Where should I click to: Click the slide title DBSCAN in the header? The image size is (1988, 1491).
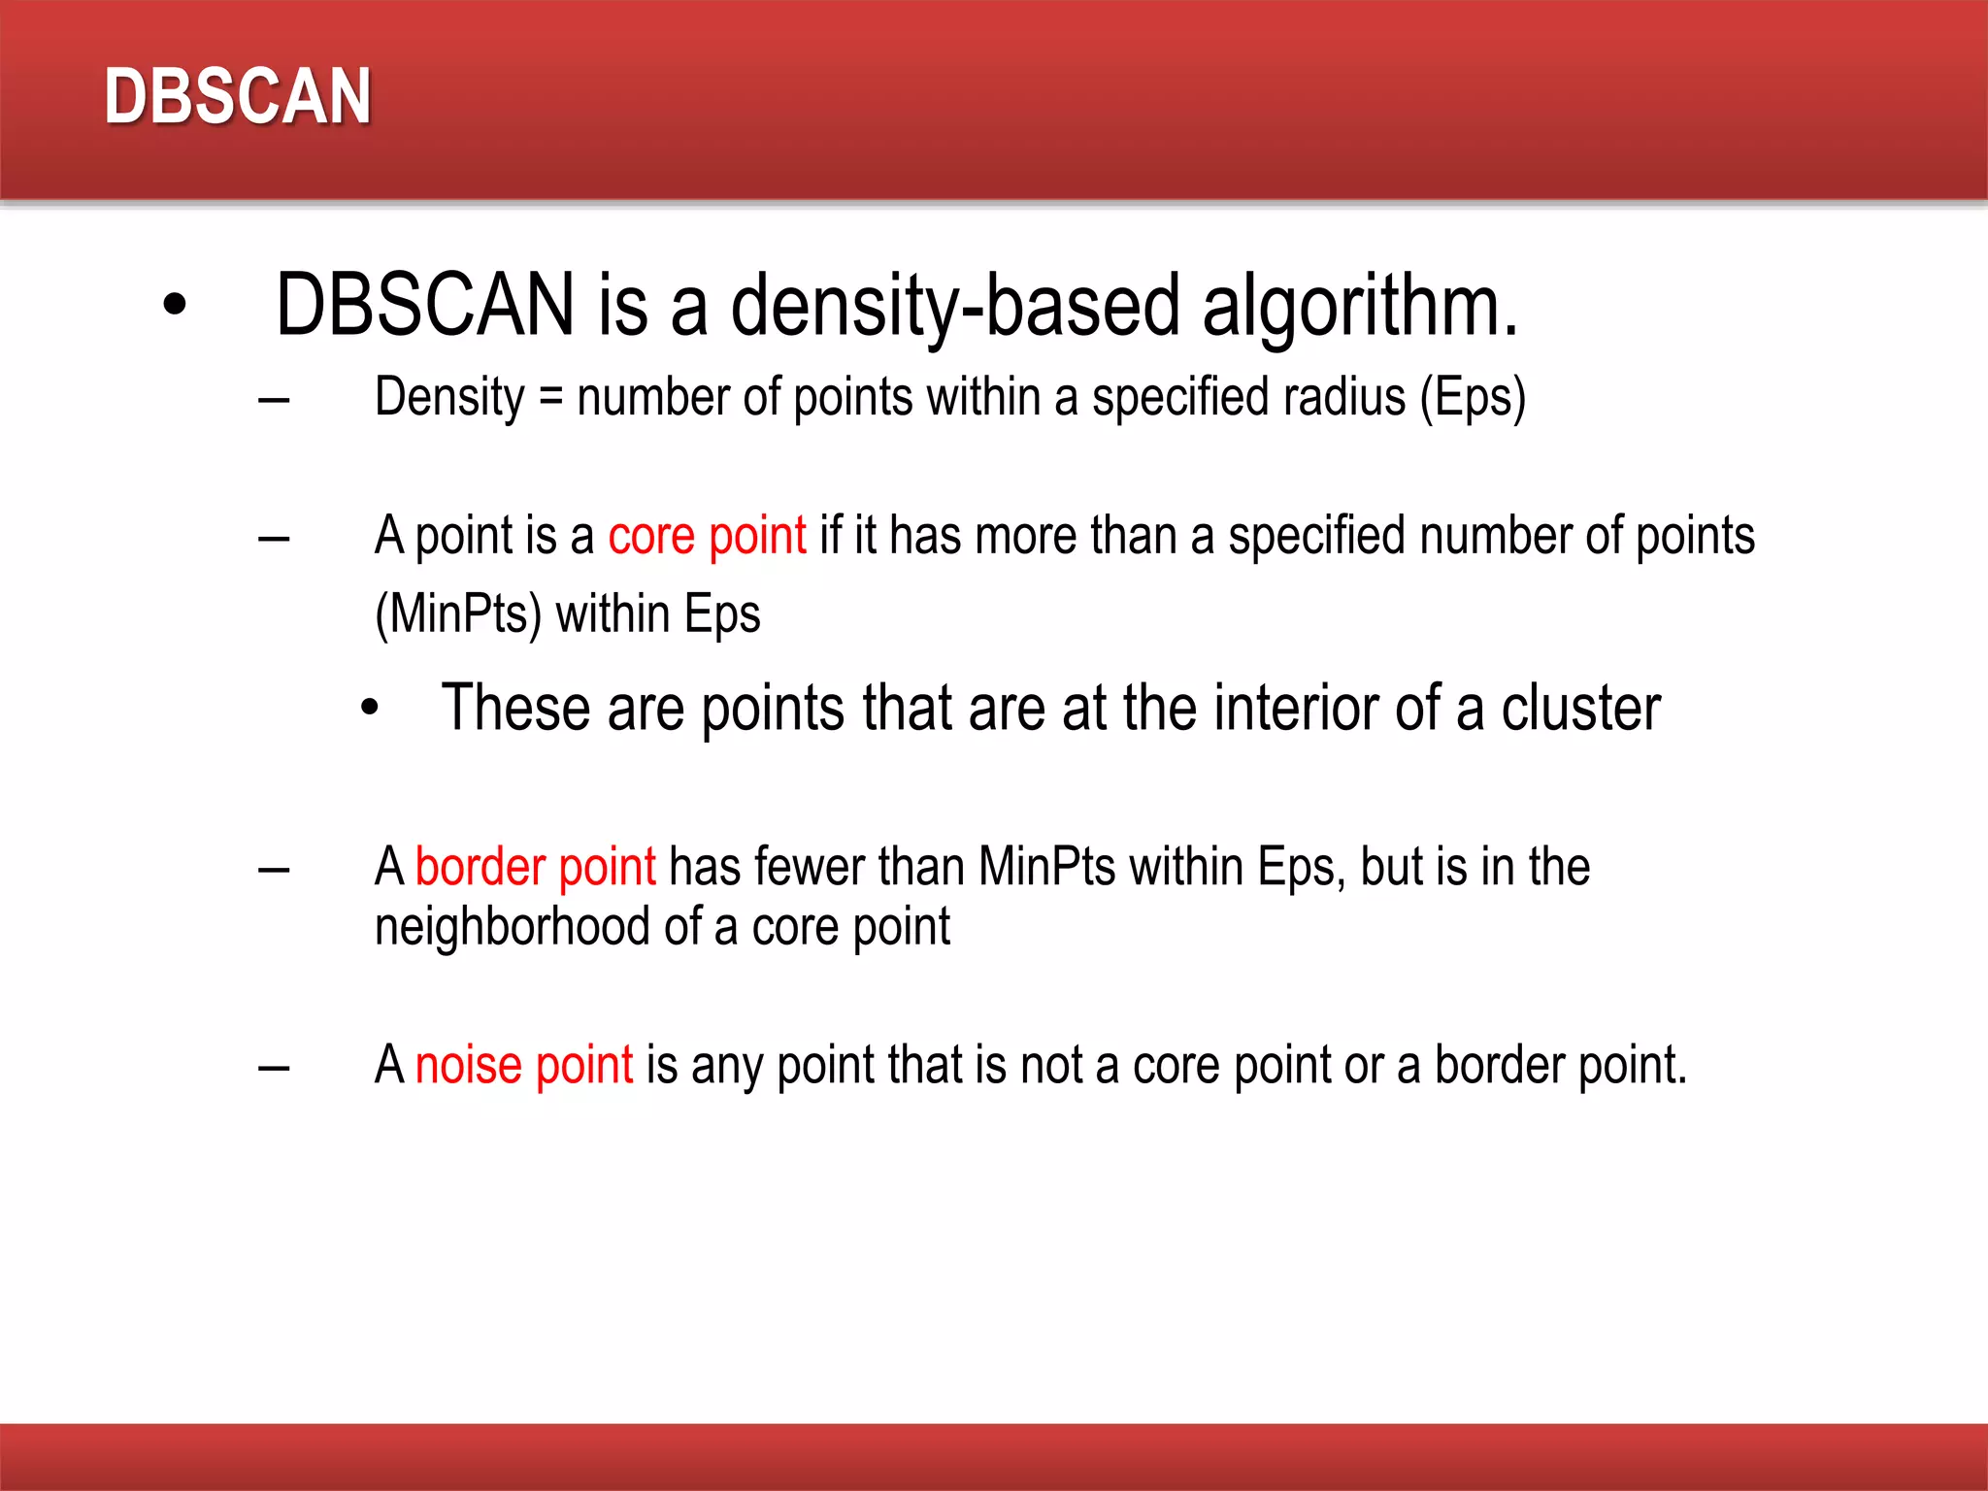[x=238, y=96]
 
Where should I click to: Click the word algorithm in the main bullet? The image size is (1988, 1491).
[x=1359, y=307]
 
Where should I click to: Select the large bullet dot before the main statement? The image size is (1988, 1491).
[x=175, y=305]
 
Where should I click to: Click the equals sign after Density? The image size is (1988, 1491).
[x=550, y=397]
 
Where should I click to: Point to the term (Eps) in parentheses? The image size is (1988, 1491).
[x=1473, y=397]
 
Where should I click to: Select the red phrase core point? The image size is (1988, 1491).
[x=707, y=536]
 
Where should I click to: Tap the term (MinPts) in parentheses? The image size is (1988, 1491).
[x=458, y=614]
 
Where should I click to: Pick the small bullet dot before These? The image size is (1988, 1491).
[x=369, y=708]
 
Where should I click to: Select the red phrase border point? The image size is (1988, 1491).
[x=535, y=867]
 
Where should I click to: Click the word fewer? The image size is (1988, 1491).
[x=809, y=867]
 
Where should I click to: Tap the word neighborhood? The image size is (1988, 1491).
[x=513, y=927]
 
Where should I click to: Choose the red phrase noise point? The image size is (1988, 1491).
[x=523, y=1065]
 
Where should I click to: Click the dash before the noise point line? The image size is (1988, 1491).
[x=274, y=1068]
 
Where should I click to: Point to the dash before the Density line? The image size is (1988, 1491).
[x=274, y=399]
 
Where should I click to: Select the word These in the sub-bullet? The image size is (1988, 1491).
[x=515, y=708]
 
